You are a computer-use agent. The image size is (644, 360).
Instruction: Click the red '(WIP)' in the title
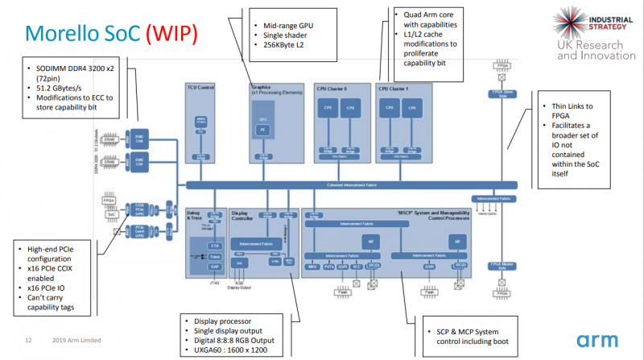[171, 34]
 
